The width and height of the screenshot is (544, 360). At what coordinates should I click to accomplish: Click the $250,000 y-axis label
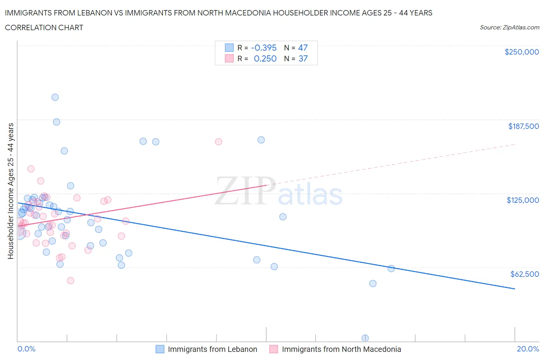(522, 52)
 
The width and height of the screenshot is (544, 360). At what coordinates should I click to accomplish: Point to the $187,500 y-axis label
(523, 126)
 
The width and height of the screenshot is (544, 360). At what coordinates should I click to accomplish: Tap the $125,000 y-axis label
(522, 200)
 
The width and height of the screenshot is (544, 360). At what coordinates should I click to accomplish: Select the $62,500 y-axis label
(524, 274)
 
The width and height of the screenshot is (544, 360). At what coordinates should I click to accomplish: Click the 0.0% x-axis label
(26, 349)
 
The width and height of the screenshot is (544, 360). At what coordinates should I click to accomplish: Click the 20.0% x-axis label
(528, 349)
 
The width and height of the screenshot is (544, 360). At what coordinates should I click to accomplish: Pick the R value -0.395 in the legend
(263, 48)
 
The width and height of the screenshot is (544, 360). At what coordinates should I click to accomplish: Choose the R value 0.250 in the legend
(265, 58)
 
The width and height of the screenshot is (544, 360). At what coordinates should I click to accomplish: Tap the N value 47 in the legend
(303, 48)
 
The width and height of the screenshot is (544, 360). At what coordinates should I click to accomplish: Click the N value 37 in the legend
(303, 58)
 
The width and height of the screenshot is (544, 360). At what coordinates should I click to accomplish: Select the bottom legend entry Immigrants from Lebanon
(212, 349)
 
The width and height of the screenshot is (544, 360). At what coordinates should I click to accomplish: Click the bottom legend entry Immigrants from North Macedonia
(341, 349)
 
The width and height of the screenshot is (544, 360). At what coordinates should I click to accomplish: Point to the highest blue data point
(55, 97)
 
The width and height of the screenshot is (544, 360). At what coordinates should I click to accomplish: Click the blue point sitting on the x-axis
(365, 338)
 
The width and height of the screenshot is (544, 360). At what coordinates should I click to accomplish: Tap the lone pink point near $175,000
(218, 142)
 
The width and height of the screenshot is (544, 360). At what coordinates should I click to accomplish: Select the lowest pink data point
(70, 281)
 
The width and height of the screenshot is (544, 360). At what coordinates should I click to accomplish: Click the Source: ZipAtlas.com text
(509, 27)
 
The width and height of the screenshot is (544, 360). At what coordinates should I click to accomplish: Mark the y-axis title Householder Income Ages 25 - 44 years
(11, 191)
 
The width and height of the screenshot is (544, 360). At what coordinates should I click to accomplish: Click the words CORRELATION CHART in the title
(44, 27)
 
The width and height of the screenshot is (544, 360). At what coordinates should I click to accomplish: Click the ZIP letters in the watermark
(245, 191)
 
